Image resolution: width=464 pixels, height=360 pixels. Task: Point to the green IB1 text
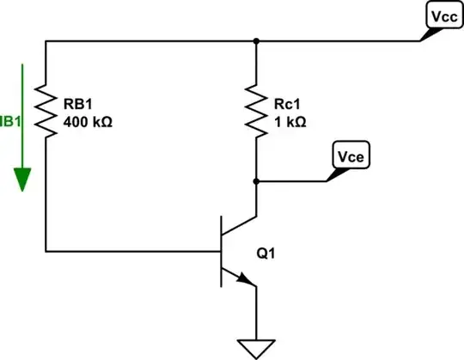click(7, 122)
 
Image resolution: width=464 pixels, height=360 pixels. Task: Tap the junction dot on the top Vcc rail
click(257, 40)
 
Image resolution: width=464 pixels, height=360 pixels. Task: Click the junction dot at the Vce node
click(257, 180)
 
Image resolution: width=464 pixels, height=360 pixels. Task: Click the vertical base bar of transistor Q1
click(223, 251)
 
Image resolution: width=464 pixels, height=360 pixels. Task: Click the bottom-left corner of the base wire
click(44, 251)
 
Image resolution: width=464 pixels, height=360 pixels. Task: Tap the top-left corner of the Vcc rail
click(44, 40)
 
